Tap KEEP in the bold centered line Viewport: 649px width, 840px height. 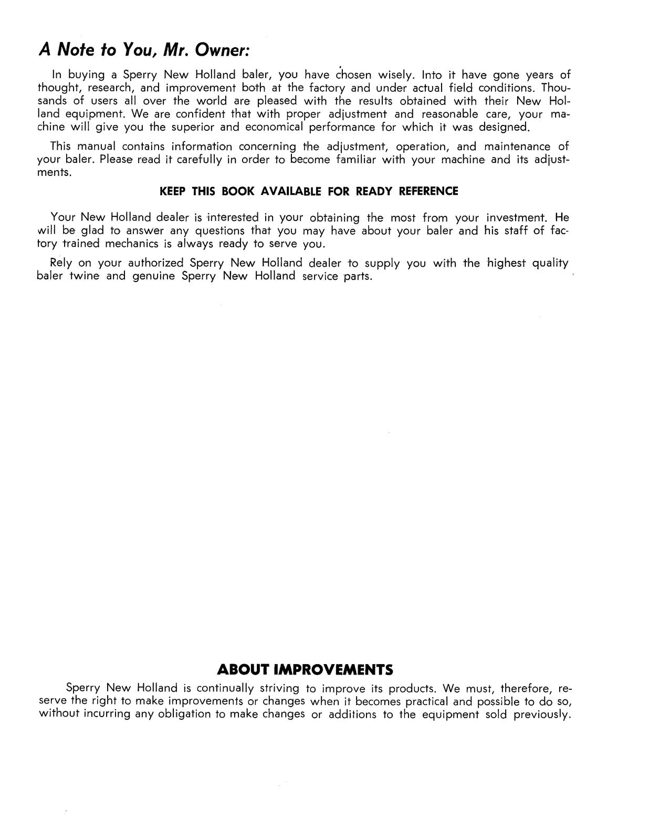tap(172, 192)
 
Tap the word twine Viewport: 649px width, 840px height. tap(84, 276)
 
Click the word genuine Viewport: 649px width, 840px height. tap(154, 277)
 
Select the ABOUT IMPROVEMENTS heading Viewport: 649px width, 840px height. tap(305, 670)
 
